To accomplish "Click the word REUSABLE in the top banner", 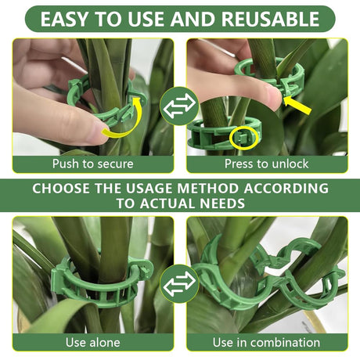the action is [x=270, y=19].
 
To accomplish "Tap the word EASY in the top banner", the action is [x=64, y=19].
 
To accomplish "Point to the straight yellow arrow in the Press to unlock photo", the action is [x=297, y=105].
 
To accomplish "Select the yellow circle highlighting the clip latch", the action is [x=244, y=138].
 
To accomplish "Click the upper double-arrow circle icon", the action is [x=179, y=106].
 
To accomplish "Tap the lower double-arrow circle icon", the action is [x=179, y=283].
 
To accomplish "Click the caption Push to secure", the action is [x=93, y=164].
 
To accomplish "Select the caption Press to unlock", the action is [x=267, y=164].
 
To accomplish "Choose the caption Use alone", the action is [x=93, y=342].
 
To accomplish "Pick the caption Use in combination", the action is [x=266, y=342].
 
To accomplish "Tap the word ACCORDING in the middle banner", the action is [x=286, y=188].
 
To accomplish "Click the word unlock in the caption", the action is [x=290, y=164].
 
